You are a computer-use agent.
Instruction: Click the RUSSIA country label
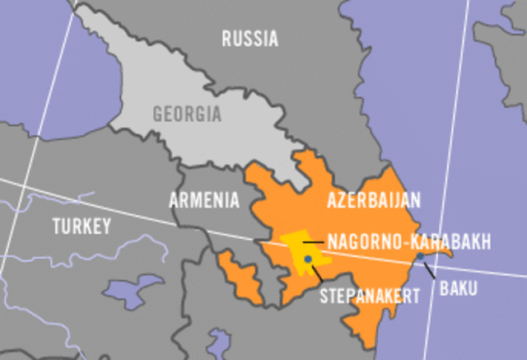pos(250,38)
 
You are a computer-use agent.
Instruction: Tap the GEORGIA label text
pos(187,114)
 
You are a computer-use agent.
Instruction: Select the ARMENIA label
pos(204,199)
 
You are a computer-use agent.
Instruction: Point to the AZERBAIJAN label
pos(374,200)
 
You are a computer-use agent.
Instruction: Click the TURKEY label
pos(81,226)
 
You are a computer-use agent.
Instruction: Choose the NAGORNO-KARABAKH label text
pos(409,242)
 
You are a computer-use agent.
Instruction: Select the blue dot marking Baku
pos(420,257)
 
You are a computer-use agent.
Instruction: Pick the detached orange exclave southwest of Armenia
pos(241,276)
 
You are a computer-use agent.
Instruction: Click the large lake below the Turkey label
pos(136,290)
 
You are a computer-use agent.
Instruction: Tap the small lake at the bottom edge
pos(218,339)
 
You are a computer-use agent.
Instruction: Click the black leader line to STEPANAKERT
pos(315,270)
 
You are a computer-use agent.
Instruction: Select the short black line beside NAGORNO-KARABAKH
pos(313,241)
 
